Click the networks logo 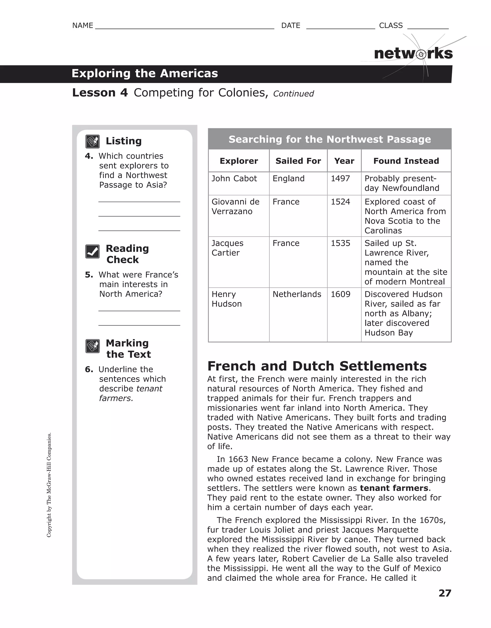413,54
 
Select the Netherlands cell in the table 297,294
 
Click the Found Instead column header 406,161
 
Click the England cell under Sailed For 288,178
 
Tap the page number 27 444,593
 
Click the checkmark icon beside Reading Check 92,252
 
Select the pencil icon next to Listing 92,141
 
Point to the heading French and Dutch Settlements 317,366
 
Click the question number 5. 89,275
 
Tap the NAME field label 82,26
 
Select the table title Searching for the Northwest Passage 330,139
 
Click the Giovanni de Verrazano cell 235,206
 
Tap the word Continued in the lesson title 293,94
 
